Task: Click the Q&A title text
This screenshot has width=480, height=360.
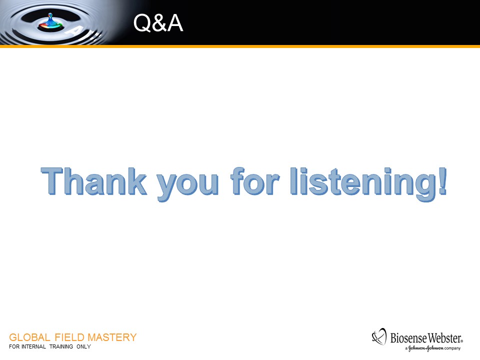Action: pos(158,23)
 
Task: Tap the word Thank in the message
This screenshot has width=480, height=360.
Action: pos(94,181)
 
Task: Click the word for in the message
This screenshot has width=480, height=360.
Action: pos(255,181)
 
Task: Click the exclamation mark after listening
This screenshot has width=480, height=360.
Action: pos(442,181)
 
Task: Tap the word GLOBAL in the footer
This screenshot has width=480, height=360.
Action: pos(29,337)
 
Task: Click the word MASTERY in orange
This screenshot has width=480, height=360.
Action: pos(112,337)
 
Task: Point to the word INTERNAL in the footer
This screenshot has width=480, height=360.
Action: pos(33,347)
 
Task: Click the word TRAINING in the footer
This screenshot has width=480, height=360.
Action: pos(61,347)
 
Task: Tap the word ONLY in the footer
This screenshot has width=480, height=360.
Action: pos(83,347)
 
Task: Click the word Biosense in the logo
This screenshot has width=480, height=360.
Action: pos(408,338)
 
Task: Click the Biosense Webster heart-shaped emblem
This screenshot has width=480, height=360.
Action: pos(379,336)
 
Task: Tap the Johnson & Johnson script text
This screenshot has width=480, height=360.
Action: pos(426,348)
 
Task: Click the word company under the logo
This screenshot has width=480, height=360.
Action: pos(452,348)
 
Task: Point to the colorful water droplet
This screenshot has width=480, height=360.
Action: pos(50,22)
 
